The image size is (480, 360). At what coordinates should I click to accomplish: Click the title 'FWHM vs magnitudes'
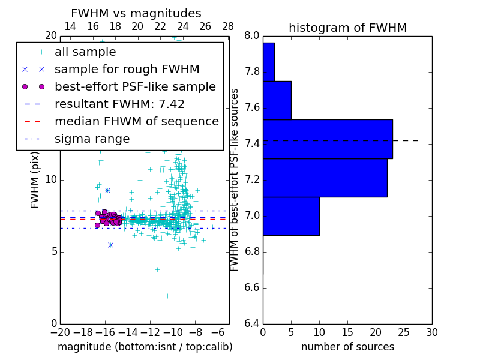point(136,13)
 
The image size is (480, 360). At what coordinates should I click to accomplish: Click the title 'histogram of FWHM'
point(347,28)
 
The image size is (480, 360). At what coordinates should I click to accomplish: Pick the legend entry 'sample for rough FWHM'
point(127,70)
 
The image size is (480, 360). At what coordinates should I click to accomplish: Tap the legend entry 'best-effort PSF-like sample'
point(135,87)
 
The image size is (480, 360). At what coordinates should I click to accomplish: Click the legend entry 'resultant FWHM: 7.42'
point(119,104)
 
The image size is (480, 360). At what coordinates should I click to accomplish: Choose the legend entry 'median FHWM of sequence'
point(136,122)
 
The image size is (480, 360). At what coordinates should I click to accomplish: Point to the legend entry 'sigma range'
point(92,139)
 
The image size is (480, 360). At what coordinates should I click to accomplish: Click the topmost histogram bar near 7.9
point(268,62)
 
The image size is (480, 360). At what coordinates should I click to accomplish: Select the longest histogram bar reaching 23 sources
point(327,139)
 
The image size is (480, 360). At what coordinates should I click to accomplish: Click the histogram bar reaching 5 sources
point(277,100)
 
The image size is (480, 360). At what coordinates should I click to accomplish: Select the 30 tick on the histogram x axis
point(431,332)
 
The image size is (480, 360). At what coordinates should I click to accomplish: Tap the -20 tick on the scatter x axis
point(60,332)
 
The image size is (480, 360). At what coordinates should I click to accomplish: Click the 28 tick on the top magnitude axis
point(228,26)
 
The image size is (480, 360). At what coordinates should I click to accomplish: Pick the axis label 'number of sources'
point(347,347)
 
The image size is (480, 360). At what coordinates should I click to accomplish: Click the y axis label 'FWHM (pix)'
point(35,179)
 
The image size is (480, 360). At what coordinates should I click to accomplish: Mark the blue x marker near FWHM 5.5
point(110,245)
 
